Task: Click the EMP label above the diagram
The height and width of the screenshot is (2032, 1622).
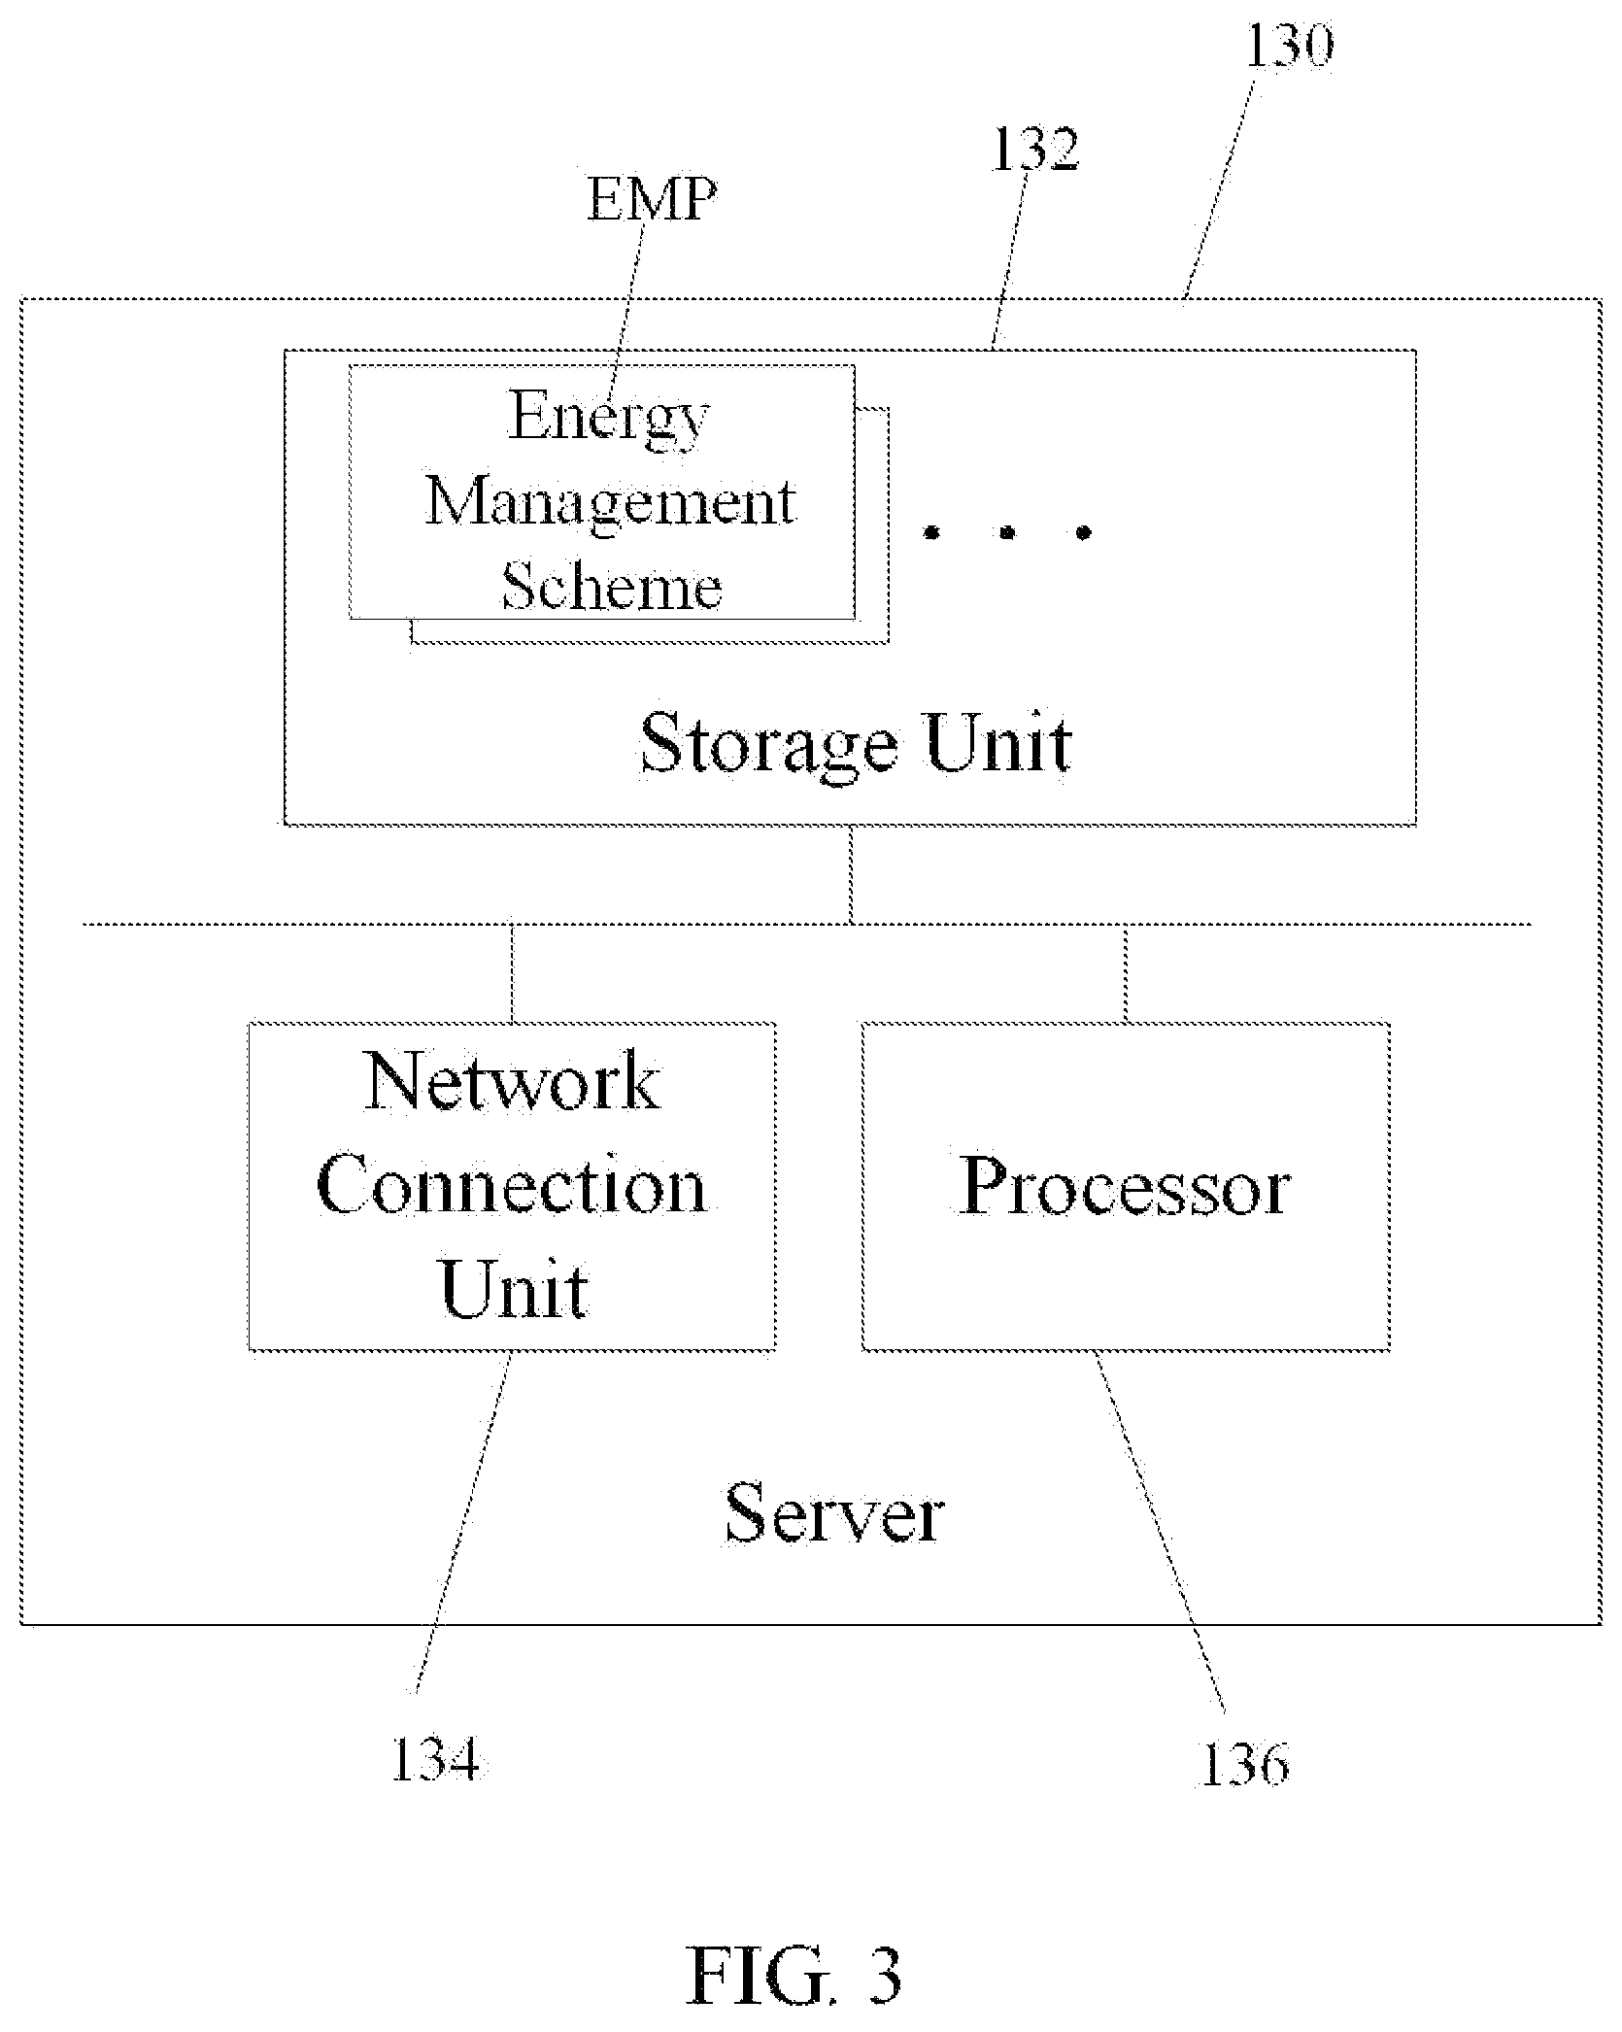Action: coord(652,198)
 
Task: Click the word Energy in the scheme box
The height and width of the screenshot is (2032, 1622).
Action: coord(608,418)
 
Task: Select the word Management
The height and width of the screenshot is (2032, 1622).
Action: coord(610,503)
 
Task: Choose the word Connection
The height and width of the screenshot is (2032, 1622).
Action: coord(511,1186)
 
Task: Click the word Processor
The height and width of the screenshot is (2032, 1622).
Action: coord(1126,1186)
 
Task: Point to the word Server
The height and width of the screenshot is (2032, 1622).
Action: coord(834,1513)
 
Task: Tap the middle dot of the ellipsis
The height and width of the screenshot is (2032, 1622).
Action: coord(1009,531)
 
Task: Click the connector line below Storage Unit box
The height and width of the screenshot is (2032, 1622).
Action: coord(852,874)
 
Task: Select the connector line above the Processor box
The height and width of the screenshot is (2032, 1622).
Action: coord(1127,972)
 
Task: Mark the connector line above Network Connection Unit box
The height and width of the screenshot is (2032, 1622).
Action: coord(512,972)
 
